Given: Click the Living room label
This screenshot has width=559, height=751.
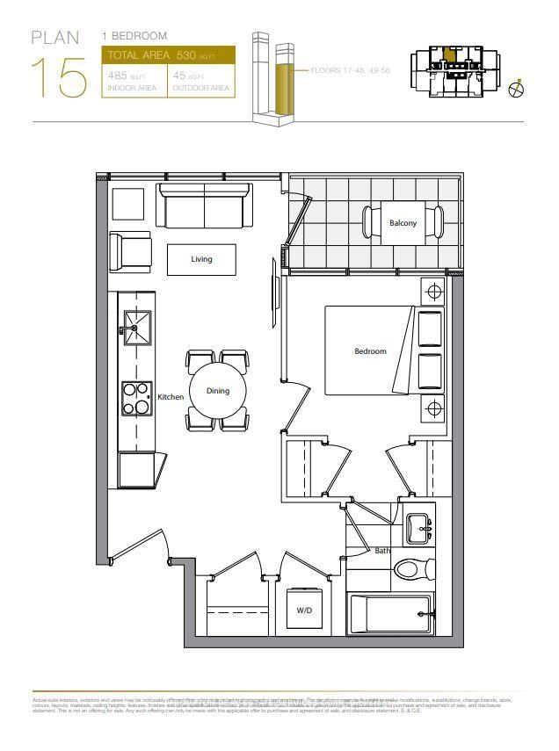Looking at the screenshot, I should tap(201, 259).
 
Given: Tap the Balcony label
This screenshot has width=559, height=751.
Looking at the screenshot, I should tap(403, 223).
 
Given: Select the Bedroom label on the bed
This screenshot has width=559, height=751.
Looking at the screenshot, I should tap(370, 351).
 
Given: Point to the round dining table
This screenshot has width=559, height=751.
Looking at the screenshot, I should tap(217, 391).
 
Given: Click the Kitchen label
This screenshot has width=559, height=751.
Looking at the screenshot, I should tap(171, 397).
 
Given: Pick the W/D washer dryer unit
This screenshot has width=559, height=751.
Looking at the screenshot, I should tap(304, 610).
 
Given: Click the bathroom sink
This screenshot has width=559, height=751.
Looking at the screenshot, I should tap(417, 527).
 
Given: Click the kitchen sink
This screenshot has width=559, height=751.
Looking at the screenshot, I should tap(137, 328).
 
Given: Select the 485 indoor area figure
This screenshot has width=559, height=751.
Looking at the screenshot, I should tap(119, 76).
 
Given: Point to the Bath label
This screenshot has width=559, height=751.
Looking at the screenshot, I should tap(382, 551).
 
